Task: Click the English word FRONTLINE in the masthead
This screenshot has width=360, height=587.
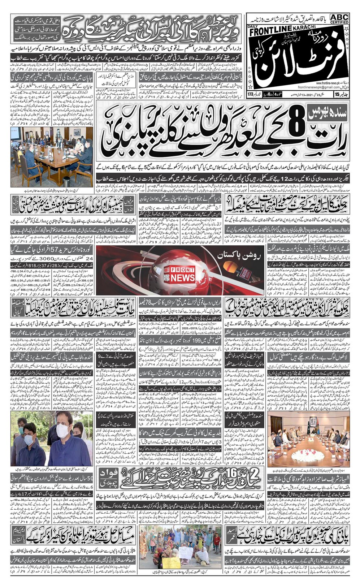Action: click(x=268, y=33)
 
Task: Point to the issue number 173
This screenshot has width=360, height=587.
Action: click(x=250, y=95)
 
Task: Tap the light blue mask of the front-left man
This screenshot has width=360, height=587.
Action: click(x=28, y=440)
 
